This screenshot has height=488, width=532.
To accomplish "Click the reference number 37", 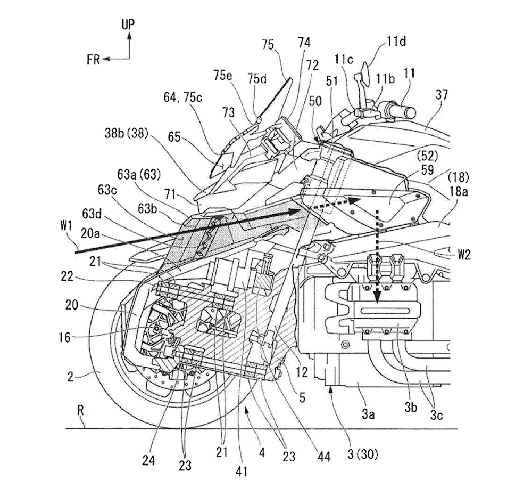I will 441,95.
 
